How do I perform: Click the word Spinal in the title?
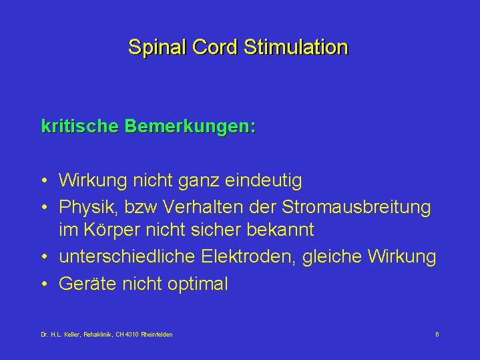(157, 48)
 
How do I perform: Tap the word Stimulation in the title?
(296, 47)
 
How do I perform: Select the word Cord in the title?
(215, 47)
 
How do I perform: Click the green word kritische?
(80, 126)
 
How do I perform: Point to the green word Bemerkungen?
(190, 126)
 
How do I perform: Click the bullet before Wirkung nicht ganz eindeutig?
(45, 180)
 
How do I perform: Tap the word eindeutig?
(263, 181)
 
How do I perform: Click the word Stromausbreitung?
(356, 208)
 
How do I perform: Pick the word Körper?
(111, 230)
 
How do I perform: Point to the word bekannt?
(280, 229)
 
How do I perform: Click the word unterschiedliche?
(127, 256)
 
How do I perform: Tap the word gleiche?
(332, 257)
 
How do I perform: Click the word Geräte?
(87, 284)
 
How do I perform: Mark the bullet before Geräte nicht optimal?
(45, 284)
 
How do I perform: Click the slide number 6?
(437, 334)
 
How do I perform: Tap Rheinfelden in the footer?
(157, 335)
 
